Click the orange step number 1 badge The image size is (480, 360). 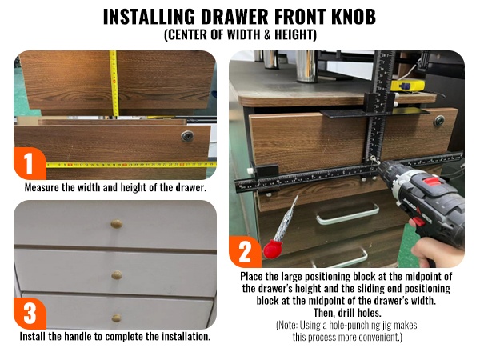[30, 163]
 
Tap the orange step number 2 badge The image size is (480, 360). [245, 252]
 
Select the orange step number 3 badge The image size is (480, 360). [30, 313]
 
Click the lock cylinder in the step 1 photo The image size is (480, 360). [187, 136]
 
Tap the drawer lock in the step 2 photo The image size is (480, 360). [439, 122]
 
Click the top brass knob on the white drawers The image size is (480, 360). [117, 224]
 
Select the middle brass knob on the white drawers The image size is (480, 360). [117, 275]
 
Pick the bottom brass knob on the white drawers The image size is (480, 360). [116, 318]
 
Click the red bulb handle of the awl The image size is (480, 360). [272, 249]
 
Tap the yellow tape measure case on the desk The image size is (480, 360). [408, 86]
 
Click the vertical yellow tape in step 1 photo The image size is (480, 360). [114, 83]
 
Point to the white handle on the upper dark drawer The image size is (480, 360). [348, 214]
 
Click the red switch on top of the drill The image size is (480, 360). [432, 182]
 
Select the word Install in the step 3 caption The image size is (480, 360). [33, 337]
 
